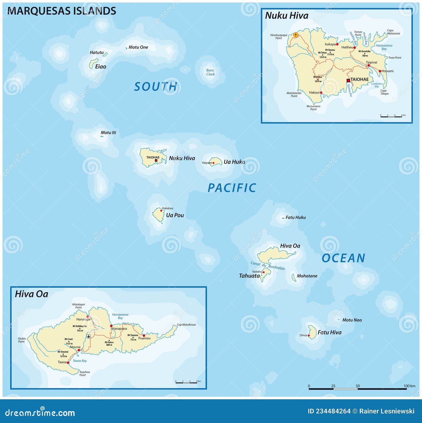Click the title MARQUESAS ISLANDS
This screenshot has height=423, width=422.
(62, 11)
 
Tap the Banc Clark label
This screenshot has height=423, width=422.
(210, 72)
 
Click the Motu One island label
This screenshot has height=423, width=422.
(138, 47)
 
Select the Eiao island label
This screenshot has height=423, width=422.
(100, 67)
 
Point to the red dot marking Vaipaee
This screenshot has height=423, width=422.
(213, 163)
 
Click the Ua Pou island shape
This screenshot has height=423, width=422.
(159, 215)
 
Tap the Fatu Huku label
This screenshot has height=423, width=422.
(295, 217)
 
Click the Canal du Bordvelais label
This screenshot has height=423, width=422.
(267, 266)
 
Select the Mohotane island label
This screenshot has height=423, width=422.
(307, 276)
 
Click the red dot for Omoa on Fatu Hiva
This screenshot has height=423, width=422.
(309, 336)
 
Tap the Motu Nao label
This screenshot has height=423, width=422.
(352, 320)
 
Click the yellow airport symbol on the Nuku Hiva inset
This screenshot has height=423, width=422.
(296, 35)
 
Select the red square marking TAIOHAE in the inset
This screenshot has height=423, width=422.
(348, 80)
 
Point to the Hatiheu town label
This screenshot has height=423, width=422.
(347, 47)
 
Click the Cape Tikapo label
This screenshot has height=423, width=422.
(384, 92)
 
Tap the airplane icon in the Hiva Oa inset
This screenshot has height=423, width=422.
(89, 336)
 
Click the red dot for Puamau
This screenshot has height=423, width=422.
(144, 336)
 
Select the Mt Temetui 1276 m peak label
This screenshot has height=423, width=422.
(63, 354)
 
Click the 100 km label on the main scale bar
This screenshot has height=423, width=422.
(409, 386)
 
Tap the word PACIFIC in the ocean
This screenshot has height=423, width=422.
(232, 188)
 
